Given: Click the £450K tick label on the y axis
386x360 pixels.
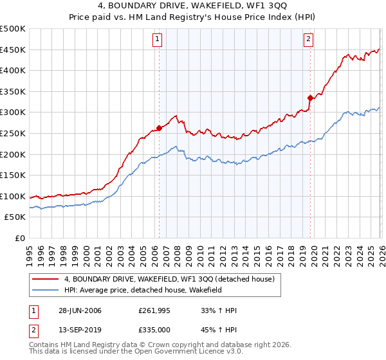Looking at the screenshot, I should (13, 50).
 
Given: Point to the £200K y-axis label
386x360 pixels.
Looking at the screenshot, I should (13, 154).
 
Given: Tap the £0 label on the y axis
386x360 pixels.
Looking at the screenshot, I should (19, 238).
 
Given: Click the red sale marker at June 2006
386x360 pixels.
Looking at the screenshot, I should (159, 128).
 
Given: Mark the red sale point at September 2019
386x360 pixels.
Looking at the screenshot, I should (310, 98).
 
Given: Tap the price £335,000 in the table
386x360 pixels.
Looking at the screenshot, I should (155, 330).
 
